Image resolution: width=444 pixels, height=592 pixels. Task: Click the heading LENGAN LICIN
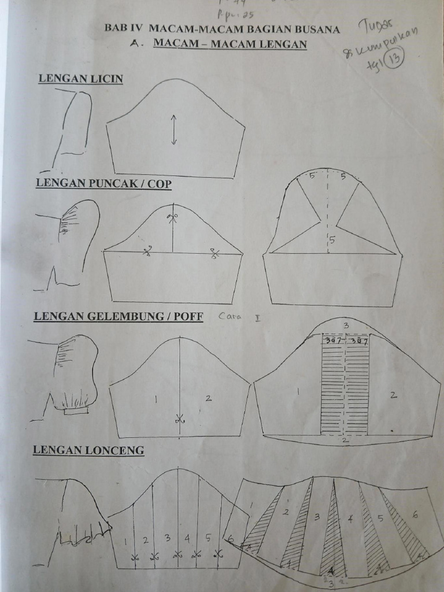80,79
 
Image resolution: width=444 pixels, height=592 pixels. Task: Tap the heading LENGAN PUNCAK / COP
103,183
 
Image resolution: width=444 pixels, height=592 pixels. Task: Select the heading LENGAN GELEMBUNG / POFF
118,316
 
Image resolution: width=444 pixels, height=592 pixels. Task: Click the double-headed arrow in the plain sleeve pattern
173,130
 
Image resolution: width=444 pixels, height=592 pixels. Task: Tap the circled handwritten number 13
398,59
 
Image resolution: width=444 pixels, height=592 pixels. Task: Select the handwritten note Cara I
233,316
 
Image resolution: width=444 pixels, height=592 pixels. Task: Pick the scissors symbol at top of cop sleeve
172,219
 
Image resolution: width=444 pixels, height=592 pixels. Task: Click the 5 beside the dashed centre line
332,239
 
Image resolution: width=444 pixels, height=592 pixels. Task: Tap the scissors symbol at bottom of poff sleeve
179,420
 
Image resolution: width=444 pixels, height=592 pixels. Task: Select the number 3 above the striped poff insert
346,325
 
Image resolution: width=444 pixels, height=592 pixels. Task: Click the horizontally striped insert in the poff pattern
345,387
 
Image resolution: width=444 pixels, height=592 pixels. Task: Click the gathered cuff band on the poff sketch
76,410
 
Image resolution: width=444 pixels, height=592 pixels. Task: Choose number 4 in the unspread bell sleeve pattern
187,538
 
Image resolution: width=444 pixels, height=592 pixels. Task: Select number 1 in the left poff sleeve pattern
156,398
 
